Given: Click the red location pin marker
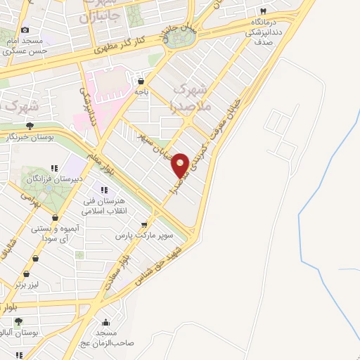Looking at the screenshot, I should point(180,165).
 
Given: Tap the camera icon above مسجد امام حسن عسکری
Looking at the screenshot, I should point(25,30).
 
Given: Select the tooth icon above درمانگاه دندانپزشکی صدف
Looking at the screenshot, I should point(263,11).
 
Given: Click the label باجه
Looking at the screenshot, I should point(143,91).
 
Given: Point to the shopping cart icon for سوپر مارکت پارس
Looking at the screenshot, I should point(144,226).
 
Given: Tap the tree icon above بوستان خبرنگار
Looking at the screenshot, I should point(29,126).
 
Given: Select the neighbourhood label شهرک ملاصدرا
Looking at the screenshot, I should point(190,97).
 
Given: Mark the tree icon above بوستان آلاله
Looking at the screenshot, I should point(18,321).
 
